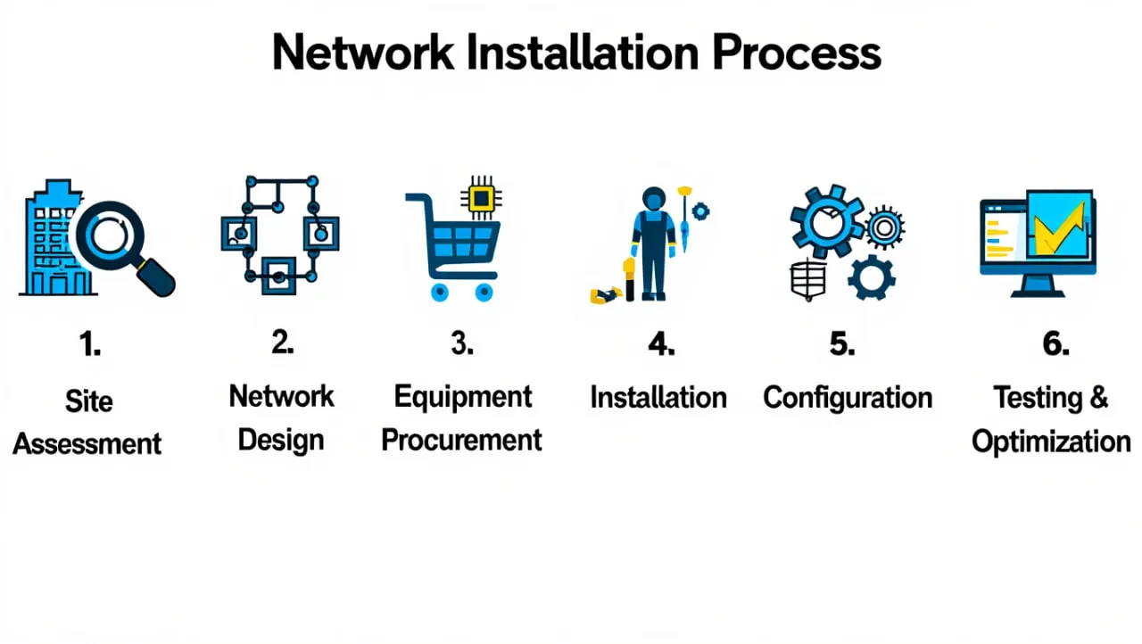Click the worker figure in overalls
click(x=653, y=243)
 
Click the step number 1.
click(x=89, y=344)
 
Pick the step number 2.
click(x=282, y=343)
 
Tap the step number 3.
click(x=462, y=343)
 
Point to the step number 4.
click(x=660, y=343)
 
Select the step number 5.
click(x=841, y=343)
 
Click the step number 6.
click(x=1055, y=343)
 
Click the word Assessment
click(x=87, y=443)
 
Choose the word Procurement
click(x=461, y=440)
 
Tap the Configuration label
click(x=848, y=397)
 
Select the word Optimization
click(x=1051, y=442)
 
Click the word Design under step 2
click(x=280, y=440)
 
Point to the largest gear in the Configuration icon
click(x=825, y=220)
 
